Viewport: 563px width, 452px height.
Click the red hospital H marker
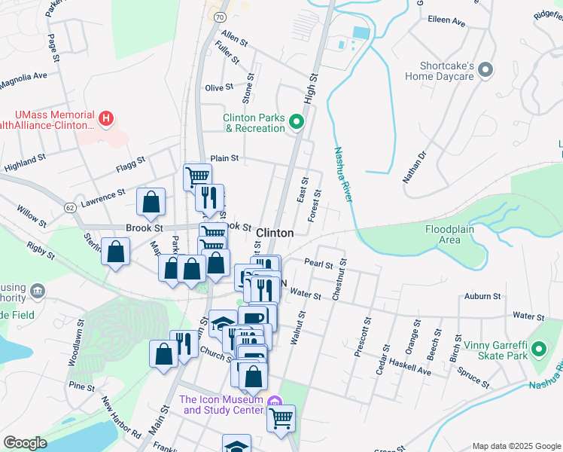coord(106,118)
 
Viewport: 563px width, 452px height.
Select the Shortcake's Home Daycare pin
coord(485,70)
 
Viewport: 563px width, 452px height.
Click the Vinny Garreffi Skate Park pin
coord(538,350)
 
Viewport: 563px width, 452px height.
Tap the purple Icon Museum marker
coord(273,404)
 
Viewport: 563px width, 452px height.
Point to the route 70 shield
coord(219,15)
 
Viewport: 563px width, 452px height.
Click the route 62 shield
coord(70,206)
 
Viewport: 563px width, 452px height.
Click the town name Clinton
coord(275,233)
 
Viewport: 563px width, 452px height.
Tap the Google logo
coord(25,442)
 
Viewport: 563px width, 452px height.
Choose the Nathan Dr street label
coord(415,167)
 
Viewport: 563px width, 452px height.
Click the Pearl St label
coord(318,264)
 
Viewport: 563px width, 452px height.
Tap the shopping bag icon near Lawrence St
coord(151,201)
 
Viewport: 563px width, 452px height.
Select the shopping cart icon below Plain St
coord(197,177)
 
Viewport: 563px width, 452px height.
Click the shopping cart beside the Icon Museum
coord(281,418)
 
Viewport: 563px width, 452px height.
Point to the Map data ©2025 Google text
coord(516,446)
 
